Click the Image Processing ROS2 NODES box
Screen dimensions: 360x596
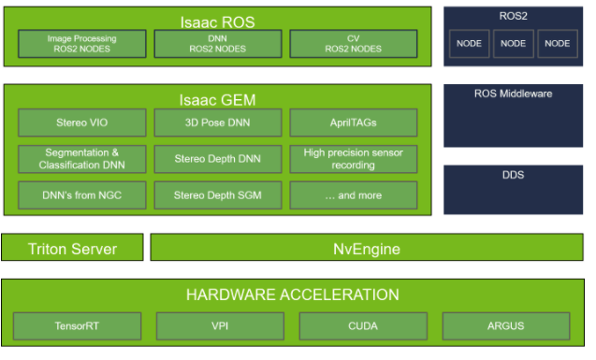pos(82,43)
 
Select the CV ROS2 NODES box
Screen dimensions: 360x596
pos(354,43)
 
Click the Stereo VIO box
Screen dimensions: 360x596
pos(82,122)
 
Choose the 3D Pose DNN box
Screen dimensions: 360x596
pos(218,122)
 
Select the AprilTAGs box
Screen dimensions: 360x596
pos(354,122)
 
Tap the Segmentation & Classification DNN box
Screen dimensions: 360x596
pos(82,158)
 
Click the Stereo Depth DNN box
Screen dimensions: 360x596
pos(218,158)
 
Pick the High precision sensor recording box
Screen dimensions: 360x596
pos(354,158)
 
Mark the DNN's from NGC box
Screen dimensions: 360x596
pos(82,195)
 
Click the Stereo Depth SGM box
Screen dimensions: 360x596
pos(218,195)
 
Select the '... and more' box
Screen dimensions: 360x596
pos(354,195)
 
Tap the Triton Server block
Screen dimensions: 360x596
pos(73,248)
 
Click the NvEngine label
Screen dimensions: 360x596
pos(367,248)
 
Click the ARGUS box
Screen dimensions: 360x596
pos(506,326)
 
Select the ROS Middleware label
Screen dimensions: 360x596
pos(513,94)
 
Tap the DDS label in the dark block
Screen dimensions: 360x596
pos(513,174)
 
